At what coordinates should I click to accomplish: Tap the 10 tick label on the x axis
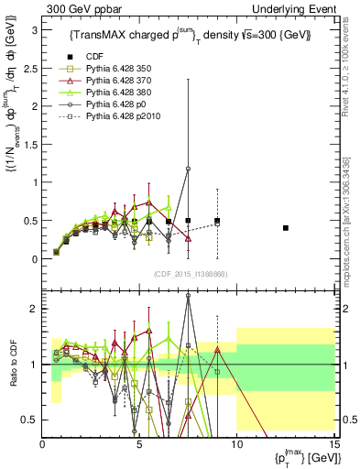[236, 443]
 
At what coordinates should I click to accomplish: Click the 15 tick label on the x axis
[333, 443]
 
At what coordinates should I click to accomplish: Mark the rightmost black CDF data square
[286, 228]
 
